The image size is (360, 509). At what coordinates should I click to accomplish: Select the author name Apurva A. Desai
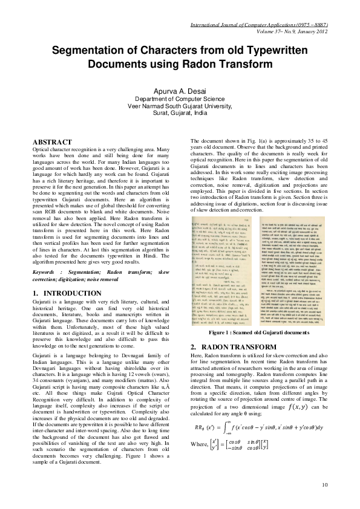pyautogui.click(x=180, y=90)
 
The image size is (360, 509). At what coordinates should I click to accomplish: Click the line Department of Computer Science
pyautogui.click(x=180, y=98)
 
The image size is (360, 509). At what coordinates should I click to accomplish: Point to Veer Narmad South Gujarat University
pyautogui.click(x=180, y=105)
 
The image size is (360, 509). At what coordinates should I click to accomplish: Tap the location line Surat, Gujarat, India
pyautogui.click(x=180, y=112)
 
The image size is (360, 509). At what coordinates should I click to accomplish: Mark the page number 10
pyautogui.click(x=325, y=485)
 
